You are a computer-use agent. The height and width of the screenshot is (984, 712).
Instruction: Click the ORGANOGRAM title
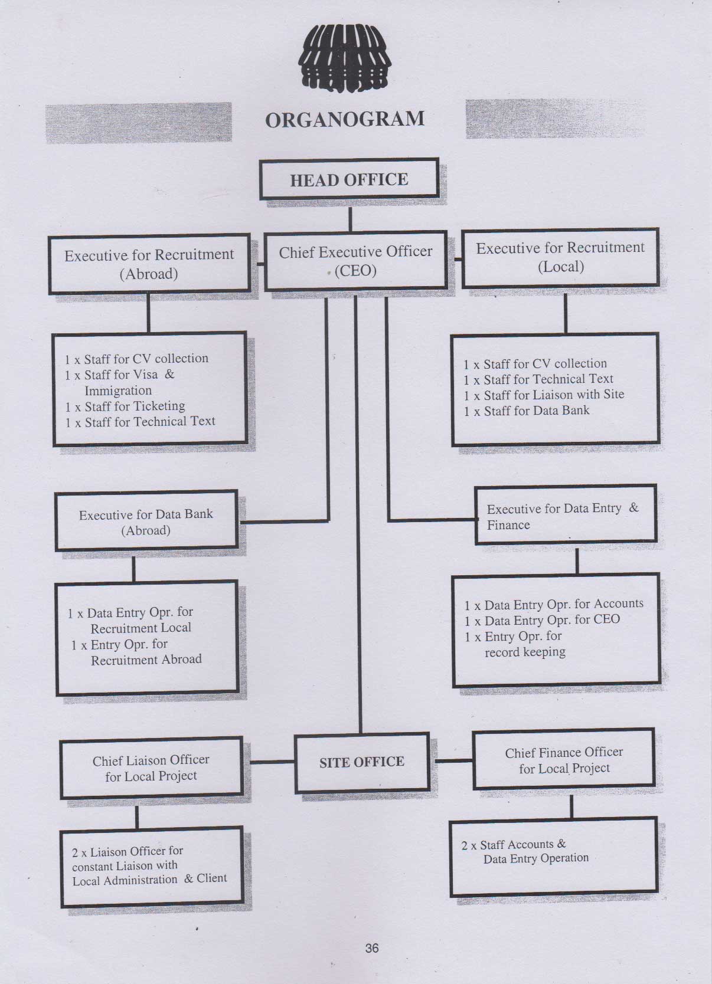tap(345, 120)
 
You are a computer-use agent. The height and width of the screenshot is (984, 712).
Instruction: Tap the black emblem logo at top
tap(345, 58)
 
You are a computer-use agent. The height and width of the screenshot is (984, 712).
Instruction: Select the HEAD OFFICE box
tap(350, 179)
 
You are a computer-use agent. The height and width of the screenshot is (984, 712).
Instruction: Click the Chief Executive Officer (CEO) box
tap(355, 261)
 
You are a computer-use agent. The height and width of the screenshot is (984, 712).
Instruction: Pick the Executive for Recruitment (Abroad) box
tap(149, 264)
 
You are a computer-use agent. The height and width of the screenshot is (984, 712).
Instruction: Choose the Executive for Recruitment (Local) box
tap(560, 258)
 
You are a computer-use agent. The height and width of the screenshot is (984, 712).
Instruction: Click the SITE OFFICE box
tap(362, 762)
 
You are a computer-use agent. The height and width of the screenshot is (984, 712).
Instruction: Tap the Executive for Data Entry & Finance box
tap(566, 515)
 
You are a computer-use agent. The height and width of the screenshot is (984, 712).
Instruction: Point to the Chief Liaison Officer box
tap(151, 768)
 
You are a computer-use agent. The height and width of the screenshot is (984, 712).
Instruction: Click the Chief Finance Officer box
tap(564, 760)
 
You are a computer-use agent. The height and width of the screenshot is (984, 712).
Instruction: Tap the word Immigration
tap(118, 390)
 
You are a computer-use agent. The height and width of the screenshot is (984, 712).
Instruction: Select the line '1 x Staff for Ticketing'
tap(125, 406)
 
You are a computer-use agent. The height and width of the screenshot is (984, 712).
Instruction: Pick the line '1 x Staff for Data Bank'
tap(527, 411)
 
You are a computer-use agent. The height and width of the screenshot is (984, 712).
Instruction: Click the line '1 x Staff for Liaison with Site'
tap(544, 395)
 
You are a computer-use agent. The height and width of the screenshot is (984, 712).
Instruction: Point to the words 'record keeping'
tap(525, 652)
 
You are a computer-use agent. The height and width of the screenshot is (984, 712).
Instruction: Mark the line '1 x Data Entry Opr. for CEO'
tap(543, 620)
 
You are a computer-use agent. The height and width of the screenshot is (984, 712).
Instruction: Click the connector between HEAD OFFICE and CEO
tap(350, 219)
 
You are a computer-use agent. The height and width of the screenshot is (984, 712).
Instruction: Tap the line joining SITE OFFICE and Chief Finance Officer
tap(453, 760)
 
